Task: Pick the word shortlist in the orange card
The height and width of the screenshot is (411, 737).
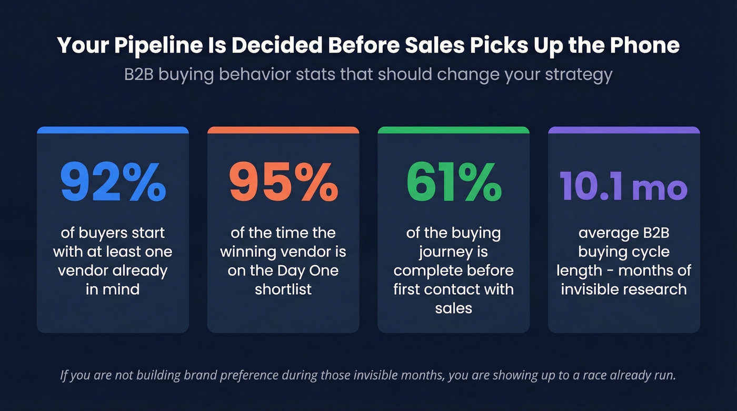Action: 283,289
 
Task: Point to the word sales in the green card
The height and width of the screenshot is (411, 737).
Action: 453,308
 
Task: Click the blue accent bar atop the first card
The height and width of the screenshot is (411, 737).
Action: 113,129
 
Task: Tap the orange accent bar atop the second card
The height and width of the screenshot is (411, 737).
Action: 283,129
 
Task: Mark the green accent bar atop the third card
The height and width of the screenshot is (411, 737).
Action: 454,129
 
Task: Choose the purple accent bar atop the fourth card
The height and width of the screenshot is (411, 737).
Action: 624,129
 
